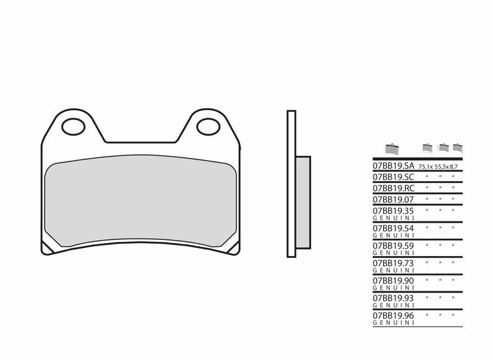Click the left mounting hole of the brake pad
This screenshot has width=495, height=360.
point(74,127)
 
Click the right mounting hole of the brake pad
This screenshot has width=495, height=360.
point(208,127)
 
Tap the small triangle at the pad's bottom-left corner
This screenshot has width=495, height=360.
point(47,246)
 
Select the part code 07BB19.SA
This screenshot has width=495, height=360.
point(393,166)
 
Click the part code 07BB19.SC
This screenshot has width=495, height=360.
point(393,178)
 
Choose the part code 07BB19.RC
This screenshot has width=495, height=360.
point(393,188)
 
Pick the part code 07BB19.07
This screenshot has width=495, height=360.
point(393,200)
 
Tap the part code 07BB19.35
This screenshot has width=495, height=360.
point(393,211)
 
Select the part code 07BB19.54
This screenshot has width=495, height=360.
point(393,228)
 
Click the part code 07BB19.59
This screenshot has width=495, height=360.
point(393,246)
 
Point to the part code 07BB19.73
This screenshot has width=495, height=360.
point(393,263)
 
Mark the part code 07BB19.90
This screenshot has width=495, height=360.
point(393,280)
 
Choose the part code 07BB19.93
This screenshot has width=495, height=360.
point(393,298)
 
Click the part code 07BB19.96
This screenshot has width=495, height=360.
point(393,315)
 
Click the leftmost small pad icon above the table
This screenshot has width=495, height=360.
point(390,148)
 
